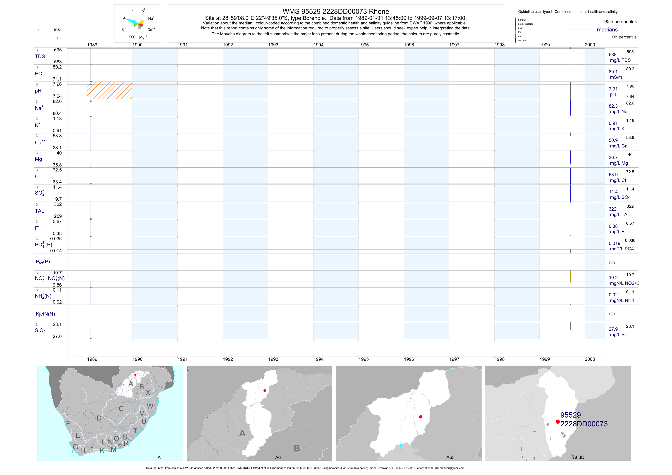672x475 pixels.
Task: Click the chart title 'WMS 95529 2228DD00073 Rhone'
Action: [336, 11]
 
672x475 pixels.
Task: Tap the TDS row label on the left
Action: [40, 57]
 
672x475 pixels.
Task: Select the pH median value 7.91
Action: [613, 89]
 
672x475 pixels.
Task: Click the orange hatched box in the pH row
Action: [110, 90]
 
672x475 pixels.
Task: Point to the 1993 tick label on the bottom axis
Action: [273, 359]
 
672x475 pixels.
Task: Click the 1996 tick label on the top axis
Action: [409, 45]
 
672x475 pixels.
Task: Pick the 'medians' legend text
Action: [607, 30]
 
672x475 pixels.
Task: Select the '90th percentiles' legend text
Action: [620, 22]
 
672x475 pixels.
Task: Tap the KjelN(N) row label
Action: [45, 314]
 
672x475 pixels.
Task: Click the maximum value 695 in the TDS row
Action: [58, 50]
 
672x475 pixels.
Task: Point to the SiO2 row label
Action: [40, 330]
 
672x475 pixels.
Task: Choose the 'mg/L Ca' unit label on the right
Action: [618, 146]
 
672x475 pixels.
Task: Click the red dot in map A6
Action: [265, 390]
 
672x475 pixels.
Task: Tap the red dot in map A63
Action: [421, 417]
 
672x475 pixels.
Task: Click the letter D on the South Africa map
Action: [99, 418]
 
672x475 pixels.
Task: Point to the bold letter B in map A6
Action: [297, 448]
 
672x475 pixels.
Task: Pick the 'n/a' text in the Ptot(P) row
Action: [612, 262]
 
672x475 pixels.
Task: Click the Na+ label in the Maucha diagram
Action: [151, 18]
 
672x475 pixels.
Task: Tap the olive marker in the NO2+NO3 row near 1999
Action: [570, 281]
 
